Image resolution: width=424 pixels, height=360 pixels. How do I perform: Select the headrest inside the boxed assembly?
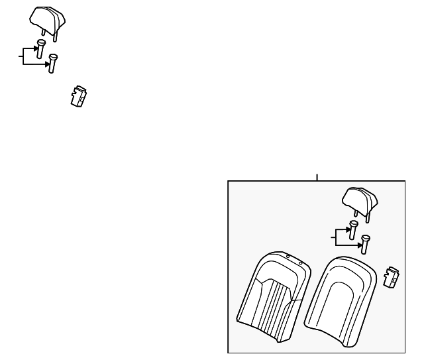pos(360,198)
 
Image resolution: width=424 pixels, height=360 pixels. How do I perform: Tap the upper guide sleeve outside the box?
pos(40,48)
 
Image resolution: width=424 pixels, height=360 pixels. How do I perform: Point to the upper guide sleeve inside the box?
pos(353,229)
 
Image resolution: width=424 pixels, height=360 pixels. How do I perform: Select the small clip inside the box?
pos(392,276)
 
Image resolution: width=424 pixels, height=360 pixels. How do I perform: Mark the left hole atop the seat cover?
pos(288,256)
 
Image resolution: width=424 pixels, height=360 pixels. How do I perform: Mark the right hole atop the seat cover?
pos(300,263)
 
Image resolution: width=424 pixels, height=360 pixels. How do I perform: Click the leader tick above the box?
pos(317,177)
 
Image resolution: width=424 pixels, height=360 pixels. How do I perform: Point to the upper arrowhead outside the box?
pos(34,48)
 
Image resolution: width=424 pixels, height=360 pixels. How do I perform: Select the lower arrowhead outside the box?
pos(47,64)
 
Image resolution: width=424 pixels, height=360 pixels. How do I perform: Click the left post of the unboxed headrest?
pos(43,30)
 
